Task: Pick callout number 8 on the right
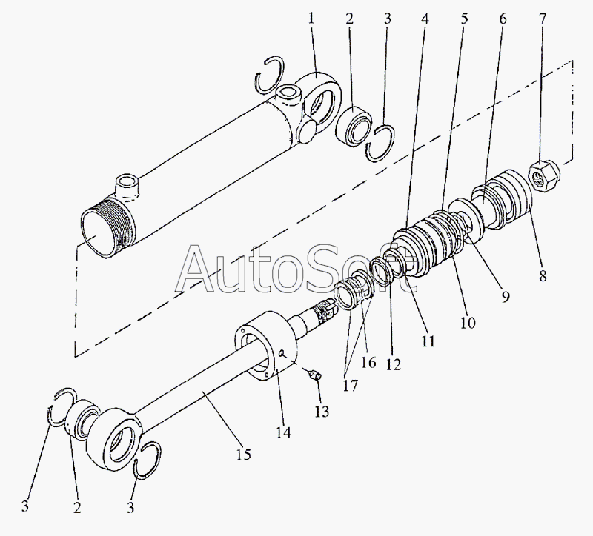(x=542, y=277)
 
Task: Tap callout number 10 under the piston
(x=468, y=323)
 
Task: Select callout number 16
(x=368, y=363)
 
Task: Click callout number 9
(x=505, y=298)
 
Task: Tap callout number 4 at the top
(x=424, y=19)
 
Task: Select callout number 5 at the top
(x=464, y=19)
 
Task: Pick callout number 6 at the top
(x=503, y=19)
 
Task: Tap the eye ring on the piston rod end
(x=118, y=443)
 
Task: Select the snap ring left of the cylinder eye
(x=268, y=74)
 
